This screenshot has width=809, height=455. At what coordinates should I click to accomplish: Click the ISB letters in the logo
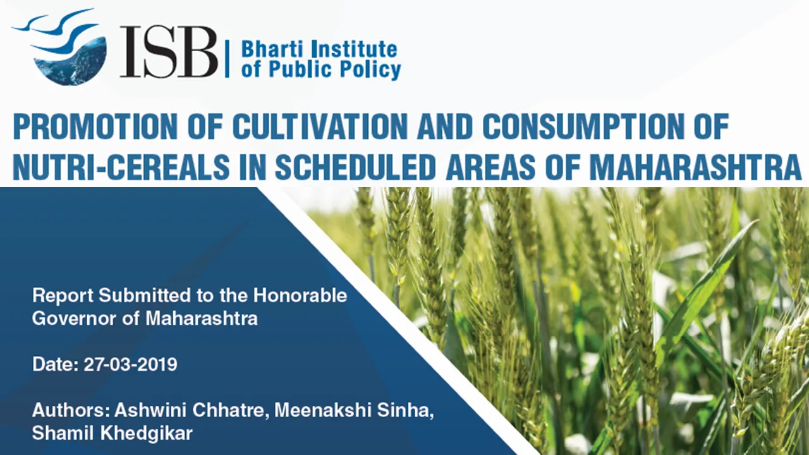(169, 52)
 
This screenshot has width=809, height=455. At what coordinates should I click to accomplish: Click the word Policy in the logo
(372, 70)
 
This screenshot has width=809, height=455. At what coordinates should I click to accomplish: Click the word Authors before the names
(70, 410)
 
